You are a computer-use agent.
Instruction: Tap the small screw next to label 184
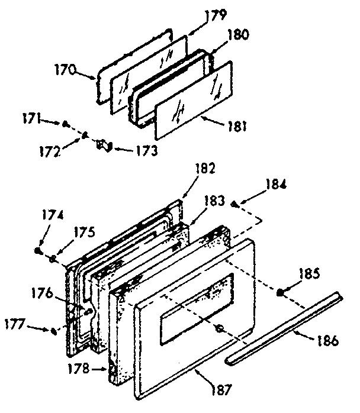(x=235, y=204)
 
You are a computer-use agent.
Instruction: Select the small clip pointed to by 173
(x=104, y=144)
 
